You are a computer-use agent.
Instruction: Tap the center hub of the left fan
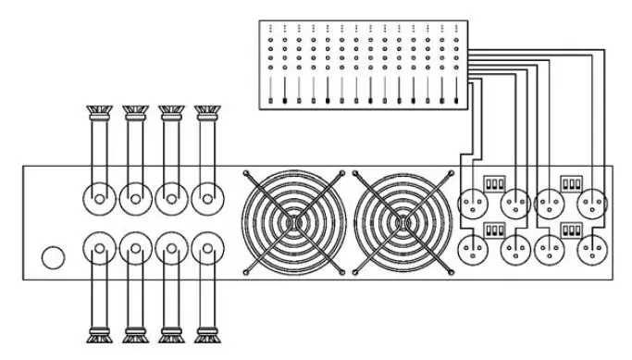tap(293, 223)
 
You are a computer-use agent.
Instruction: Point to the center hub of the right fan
tap(404, 223)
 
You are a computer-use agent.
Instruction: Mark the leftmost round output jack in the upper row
tap(98, 197)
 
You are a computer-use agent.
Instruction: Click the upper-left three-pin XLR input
tap(475, 202)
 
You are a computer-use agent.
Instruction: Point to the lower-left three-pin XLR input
tap(475, 247)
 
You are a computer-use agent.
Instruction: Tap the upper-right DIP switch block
tap(570, 183)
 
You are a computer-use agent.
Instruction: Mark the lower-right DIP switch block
tap(570, 229)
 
